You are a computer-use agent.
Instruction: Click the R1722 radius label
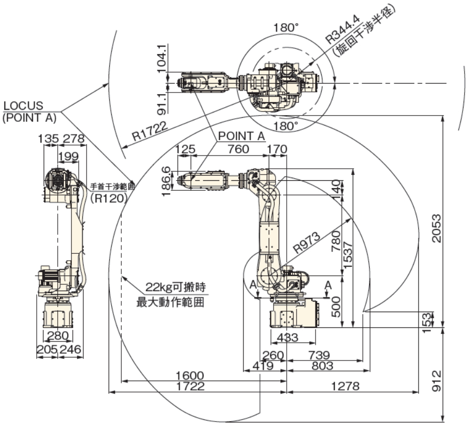click(x=150, y=131)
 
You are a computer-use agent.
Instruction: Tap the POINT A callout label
click(x=241, y=136)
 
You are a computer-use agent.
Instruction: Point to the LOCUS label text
click(x=23, y=106)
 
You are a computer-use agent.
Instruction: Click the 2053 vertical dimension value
click(x=436, y=228)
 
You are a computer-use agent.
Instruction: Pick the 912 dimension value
click(x=436, y=381)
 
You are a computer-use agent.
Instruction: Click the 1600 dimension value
click(x=190, y=376)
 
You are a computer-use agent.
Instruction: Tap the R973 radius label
click(x=307, y=242)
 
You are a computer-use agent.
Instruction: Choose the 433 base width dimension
click(x=287, y=337)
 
